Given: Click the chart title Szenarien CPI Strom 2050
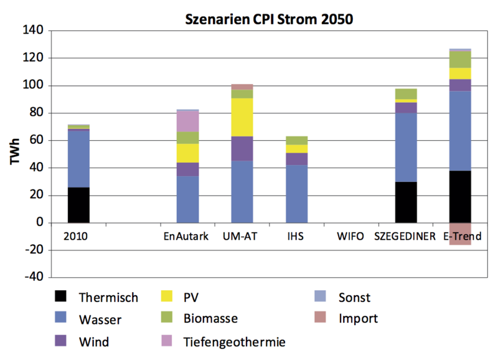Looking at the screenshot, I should (270, 19).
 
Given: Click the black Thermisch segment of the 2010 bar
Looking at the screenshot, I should (78, 204).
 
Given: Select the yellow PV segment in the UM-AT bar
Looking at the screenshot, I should (242, 117).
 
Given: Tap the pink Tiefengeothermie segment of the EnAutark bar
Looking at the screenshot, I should (187, 121).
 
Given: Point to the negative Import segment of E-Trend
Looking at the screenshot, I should (460, 234).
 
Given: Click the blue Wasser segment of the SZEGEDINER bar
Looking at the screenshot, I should (406, 147).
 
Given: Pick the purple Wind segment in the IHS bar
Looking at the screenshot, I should (296, 159).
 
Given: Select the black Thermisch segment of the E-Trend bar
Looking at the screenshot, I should (460, 196).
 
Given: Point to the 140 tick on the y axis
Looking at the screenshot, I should (32, 31).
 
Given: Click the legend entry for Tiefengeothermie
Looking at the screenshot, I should (235, 341).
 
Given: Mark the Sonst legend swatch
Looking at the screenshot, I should (322, 297).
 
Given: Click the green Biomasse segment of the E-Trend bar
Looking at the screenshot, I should (460, 59).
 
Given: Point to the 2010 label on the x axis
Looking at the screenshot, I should (78, 237).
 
